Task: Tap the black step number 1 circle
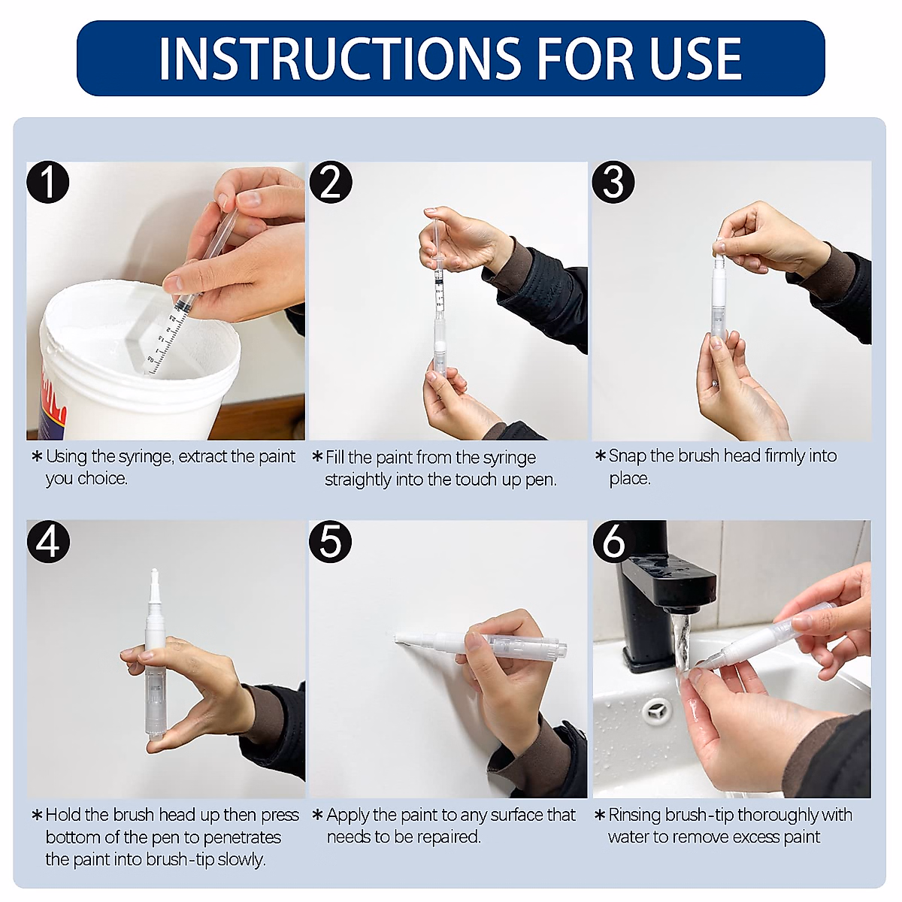coord(48,183)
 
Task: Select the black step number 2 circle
coord(331,183)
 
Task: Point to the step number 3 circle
coord(613,183)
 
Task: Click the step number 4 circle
coord(48,541)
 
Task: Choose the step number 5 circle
coord(331,541)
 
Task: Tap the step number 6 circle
coord(613,541)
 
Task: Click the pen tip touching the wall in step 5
coord(398,639)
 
